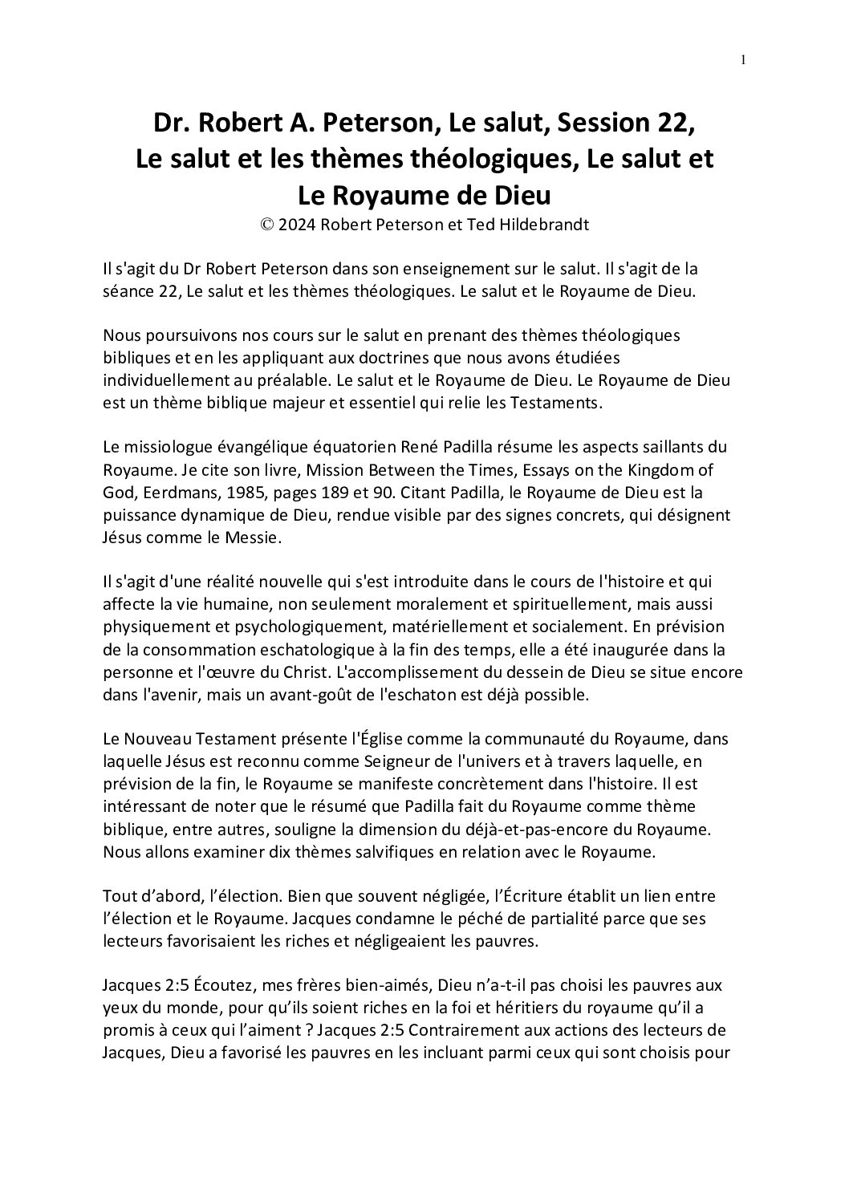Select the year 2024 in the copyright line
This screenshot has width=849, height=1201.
pos(297,225)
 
